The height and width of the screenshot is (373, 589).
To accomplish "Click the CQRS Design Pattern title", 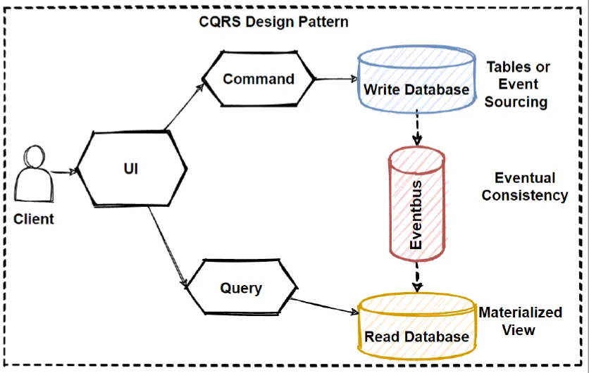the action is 273,22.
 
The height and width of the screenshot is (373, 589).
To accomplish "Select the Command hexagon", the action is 259,79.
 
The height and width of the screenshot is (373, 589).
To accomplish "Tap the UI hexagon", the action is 132,168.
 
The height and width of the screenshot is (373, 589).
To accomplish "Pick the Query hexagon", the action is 242,287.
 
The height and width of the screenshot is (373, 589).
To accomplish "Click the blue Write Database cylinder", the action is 416,80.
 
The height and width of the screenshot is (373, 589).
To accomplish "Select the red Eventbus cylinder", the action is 416,204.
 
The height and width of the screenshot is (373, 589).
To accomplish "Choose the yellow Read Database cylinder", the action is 416,326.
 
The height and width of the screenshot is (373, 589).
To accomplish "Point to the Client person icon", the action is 34,174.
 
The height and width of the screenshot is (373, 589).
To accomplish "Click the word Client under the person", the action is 34,219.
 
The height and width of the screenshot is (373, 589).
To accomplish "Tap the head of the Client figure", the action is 35,157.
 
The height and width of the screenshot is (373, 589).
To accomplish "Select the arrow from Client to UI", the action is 64,172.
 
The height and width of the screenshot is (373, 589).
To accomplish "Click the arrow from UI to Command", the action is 184,107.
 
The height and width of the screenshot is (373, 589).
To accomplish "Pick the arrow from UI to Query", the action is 168,247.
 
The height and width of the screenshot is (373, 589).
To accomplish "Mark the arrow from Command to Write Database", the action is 337,79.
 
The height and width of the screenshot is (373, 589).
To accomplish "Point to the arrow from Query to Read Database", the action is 325,305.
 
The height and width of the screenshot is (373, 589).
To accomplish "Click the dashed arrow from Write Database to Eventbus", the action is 417,127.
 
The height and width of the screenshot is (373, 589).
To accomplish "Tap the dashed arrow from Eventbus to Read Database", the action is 417,277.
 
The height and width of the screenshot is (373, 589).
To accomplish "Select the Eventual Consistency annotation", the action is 525,186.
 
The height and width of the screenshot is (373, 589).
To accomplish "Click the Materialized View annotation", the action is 520,321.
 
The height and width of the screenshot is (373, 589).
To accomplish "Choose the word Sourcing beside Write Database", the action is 516,101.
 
